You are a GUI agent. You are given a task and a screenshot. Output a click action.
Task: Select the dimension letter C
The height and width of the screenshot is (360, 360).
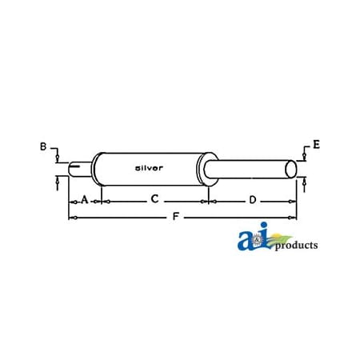pyautogui.click(x=154, y=199)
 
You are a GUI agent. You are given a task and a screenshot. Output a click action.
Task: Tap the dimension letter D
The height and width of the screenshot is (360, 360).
pyautogui.click(x=252, y=199)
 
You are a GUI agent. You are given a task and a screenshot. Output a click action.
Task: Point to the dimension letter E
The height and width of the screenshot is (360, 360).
pyautogui.click(x=317, y=145)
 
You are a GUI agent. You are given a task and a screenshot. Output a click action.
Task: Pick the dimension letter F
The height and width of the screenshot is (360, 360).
pyautogui.click(x=174, y=217)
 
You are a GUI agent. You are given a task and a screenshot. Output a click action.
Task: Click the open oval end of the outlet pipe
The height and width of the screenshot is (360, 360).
pyautogui.click(x=292, y=170)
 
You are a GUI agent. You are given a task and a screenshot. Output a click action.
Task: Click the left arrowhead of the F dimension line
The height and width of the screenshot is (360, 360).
pyautogui.click(x=73, y=217)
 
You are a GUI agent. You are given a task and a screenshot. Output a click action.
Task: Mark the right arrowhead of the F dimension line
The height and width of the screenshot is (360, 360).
pyautogui.click(x=294, y=217)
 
